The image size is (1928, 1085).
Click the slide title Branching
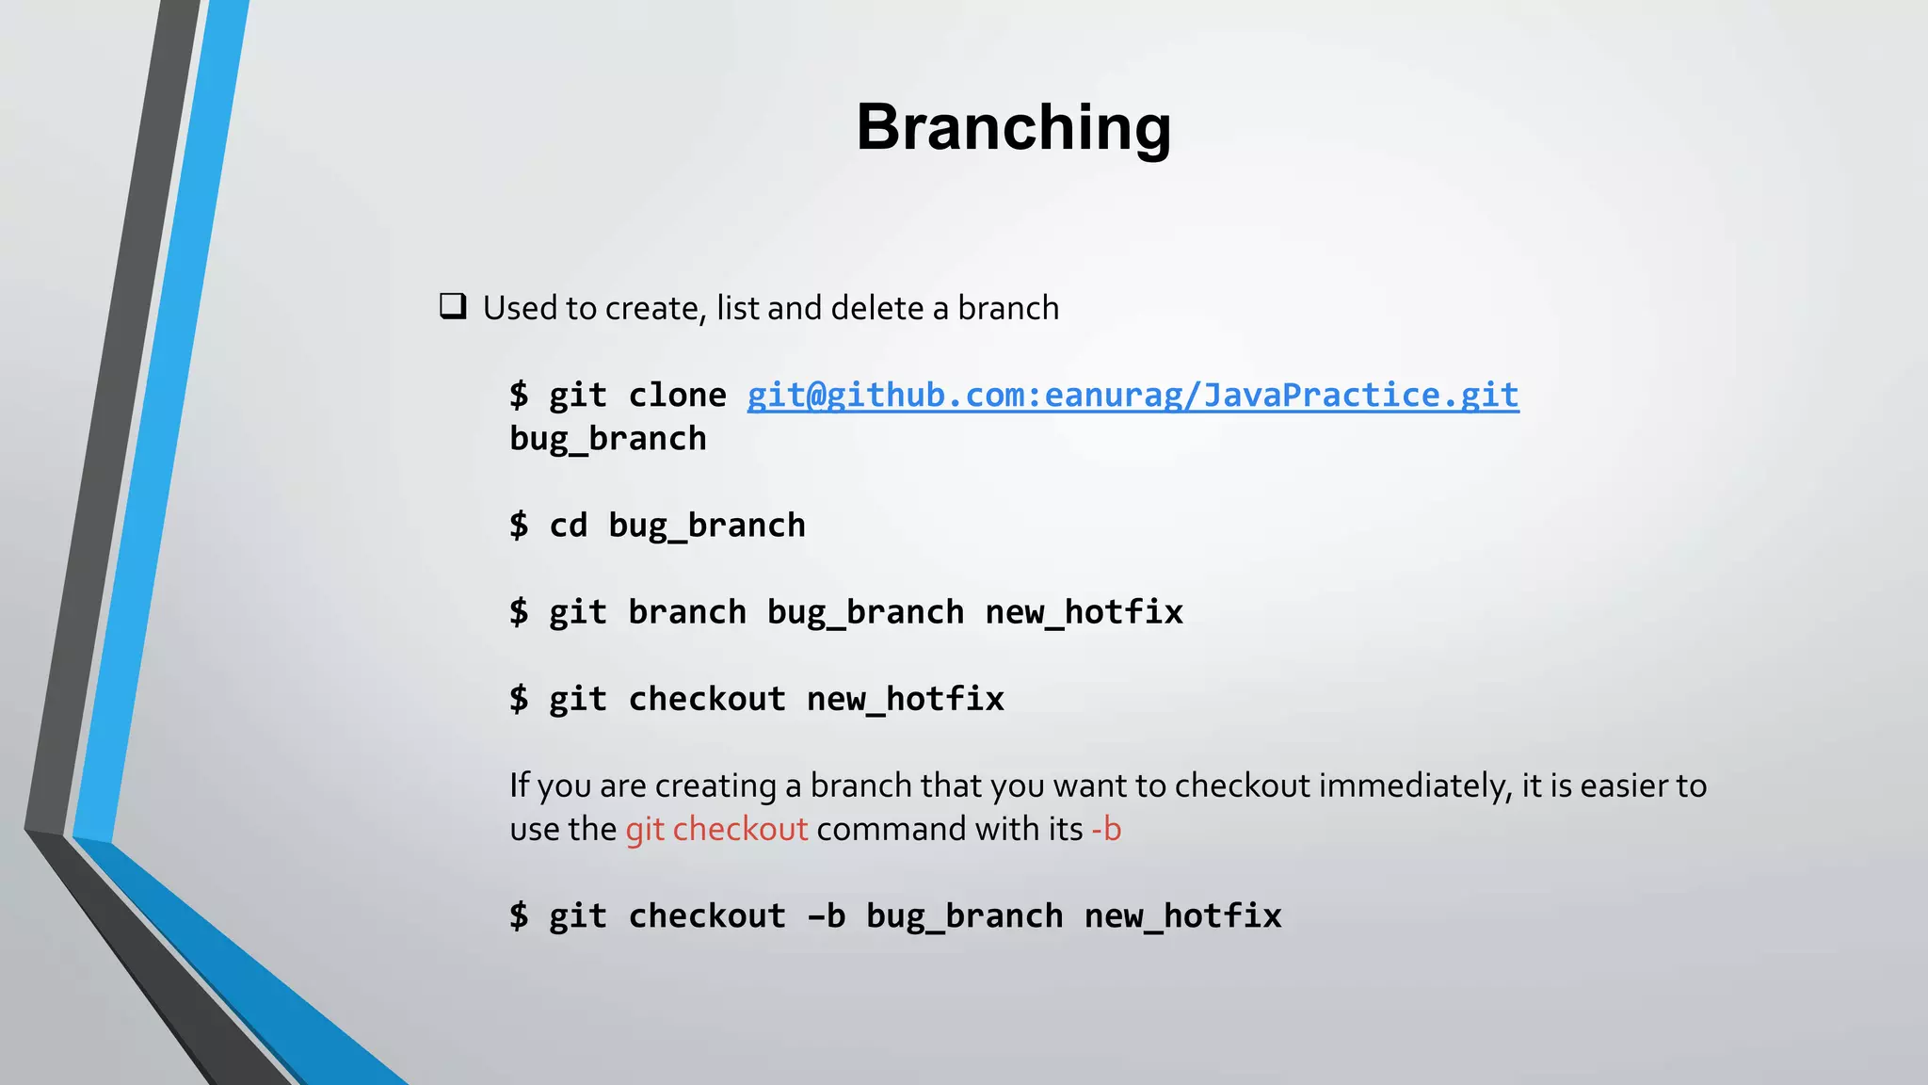point(1013,127)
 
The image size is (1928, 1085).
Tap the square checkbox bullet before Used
point(453,307)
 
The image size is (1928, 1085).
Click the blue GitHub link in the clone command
point(1133,395)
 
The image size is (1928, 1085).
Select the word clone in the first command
point(677,395)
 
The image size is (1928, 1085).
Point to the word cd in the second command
point(568,525)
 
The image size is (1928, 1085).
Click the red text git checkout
point(716,829)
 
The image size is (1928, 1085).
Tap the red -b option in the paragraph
point(1106,829)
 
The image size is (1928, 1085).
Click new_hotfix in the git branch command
point(1084,612)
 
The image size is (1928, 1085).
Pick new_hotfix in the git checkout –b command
point(1182,915)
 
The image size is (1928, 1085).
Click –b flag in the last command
point(826,915)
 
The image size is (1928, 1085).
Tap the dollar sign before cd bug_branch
point(519,525)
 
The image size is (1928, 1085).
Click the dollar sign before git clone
point(519,395)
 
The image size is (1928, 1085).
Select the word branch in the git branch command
point(686,612)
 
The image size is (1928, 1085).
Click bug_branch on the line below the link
point(607,439)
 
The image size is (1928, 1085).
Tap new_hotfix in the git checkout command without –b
point(905,699)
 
